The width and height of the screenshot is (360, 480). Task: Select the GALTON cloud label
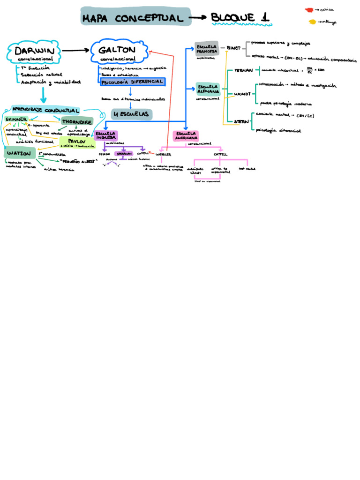[117, 51]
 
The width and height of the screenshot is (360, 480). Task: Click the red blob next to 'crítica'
[309, 9]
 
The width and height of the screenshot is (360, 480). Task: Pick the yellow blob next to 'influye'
[312, 22]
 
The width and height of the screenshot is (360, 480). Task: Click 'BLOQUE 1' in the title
[240, 18]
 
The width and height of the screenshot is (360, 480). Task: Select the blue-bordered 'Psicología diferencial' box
[133, 82]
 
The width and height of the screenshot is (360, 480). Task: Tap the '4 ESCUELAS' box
[131, 114]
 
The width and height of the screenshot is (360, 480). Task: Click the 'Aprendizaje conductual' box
[45, 109]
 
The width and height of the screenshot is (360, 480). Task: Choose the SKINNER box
[16, 120]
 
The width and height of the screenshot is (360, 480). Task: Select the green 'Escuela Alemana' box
[208, 89]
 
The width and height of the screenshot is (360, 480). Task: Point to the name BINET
[233, 48]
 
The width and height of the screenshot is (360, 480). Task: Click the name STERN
[241, 121]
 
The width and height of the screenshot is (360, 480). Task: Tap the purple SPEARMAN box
[124, 153]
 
